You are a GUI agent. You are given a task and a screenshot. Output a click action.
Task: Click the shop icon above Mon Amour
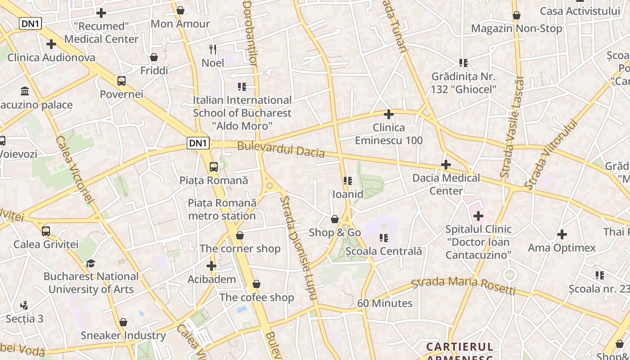click(x=180, y=10)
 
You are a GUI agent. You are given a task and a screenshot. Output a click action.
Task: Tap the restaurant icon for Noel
click(x=213, y=49)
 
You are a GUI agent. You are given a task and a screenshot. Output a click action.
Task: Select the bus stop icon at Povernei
click(x=121, y=81)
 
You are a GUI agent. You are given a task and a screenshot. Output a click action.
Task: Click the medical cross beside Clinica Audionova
click(x=51, y=44)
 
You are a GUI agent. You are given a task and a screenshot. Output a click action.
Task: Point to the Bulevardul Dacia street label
click(x=281, y=149)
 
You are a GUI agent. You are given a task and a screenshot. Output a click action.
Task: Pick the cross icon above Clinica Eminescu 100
click(x=389, y=114)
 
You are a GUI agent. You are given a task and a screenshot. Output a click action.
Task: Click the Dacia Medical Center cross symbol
click(x=446, y=165)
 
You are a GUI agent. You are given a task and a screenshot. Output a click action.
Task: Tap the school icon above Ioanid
click(x=347, y=181)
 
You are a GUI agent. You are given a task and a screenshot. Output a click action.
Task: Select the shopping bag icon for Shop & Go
click(x=335, y=219)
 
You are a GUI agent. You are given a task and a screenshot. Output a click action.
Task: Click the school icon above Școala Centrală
click(x=383, y=238)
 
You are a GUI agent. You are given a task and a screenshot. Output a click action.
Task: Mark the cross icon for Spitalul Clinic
click(x=478, y=216)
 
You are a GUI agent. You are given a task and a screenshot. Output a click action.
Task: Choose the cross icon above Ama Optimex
click(x=562, y=234)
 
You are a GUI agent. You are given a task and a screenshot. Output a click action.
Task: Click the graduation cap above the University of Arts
click(x=91, y=263)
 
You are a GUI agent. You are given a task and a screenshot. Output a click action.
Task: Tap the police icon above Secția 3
click(x=24, y=306)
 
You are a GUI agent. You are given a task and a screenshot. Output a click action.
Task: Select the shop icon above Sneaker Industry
click(x=123, y=322)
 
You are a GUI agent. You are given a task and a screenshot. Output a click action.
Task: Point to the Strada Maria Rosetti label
click(x=463, y=285)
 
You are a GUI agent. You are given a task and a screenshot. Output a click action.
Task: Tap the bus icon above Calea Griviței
click(x=46, y=231)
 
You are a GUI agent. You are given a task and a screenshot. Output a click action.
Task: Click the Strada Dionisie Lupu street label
click(x=299, y=247)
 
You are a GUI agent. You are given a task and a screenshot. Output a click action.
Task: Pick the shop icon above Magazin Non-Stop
click(x=517, y=15)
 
